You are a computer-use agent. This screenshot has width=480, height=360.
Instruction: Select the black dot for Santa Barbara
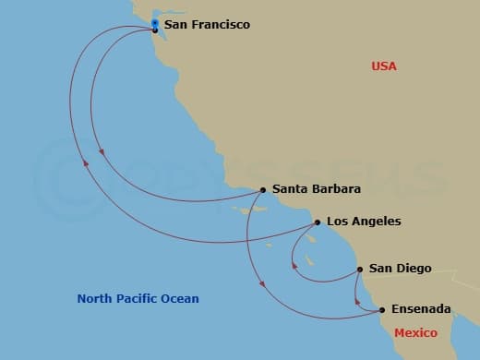click(x=263, y=190)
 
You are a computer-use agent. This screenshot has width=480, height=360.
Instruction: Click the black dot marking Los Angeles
click(x=318, y=222)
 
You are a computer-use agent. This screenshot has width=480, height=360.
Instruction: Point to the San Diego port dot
click(x=359, y=270)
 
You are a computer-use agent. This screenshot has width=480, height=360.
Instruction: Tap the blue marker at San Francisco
click(x=154, y=23)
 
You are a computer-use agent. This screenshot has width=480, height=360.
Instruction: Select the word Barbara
click(x=336, y=189)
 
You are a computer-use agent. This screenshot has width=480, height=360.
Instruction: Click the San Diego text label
click(x=400, y=269)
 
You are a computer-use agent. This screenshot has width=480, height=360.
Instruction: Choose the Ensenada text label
click(x=421, y=308)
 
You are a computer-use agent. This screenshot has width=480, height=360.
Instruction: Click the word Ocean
click(x=179, y=299)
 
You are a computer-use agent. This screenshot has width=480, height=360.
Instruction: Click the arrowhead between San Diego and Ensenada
click(x=357, y=298)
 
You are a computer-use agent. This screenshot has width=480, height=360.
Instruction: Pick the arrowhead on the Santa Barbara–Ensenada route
click(x=263, y=282)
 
